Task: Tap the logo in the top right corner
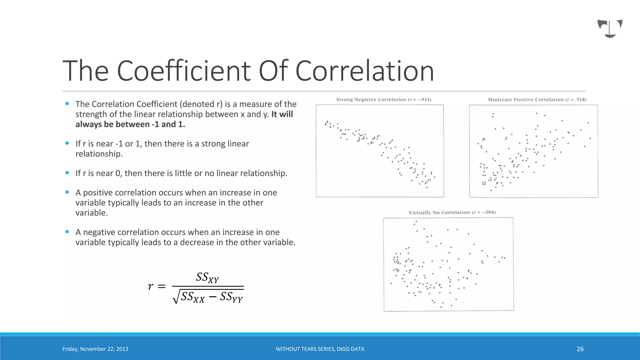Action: (610, 28)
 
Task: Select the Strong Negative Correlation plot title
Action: (371, 100)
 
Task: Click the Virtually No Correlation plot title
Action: (439, 212)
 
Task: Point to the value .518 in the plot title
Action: (581, 100)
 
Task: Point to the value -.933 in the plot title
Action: (424, 100)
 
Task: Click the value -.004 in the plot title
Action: (489, 212)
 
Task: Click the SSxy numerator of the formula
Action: (207, 277)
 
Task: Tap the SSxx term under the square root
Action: (192, 297)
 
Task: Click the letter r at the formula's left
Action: (151, 286)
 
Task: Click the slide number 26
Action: (580, 349)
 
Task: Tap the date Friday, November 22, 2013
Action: (95, 349)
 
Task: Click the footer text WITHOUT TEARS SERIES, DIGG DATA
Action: (320, 349)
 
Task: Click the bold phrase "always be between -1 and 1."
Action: (130, 124)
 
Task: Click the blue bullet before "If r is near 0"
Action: (67, 173)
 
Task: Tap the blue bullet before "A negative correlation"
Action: (67, 232)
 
